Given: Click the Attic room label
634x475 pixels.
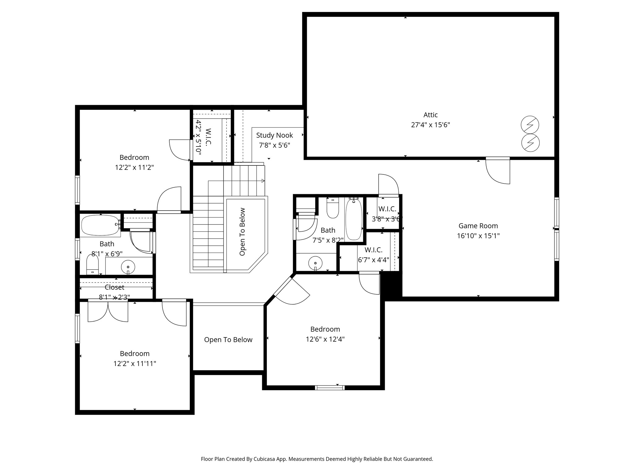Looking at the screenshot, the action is pos(430,115).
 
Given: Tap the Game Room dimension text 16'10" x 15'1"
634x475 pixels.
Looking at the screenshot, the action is pos(478,236).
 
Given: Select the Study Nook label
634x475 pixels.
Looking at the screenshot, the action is pos(275,135).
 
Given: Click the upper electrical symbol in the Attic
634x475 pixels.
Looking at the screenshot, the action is pos(530,125).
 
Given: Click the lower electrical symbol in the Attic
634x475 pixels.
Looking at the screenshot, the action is pos(530,143).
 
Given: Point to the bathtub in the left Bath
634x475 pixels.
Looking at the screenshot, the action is pos(100,225).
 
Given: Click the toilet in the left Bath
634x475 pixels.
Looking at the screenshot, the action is pos(92,264).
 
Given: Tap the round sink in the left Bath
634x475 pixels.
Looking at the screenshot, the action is pos(128,267).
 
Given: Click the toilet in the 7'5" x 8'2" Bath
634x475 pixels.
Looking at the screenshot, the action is pos(333,208).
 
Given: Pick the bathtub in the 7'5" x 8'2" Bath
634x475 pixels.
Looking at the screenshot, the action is pos(354,219).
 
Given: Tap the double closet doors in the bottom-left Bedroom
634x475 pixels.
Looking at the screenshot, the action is pos(108,310).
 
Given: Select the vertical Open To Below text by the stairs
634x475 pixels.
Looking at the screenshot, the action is pos(242,232).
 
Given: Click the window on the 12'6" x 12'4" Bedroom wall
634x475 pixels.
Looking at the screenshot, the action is pos(330,387).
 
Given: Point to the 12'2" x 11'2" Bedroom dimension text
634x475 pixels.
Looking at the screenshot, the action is pos(134,168).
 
